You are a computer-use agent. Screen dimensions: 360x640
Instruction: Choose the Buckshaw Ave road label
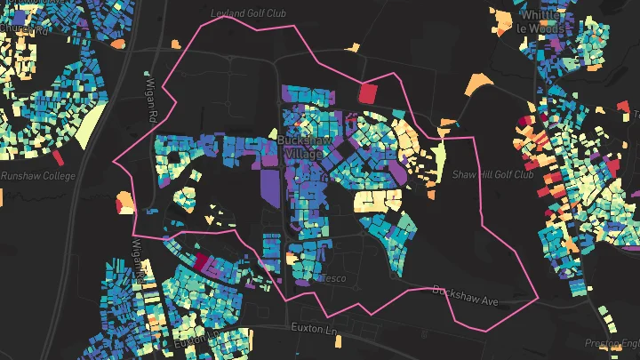tap(466, 296)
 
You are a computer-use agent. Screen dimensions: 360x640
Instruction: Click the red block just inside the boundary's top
tap(367, 92)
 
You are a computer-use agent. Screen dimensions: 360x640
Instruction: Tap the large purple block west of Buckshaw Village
tap(269, 185)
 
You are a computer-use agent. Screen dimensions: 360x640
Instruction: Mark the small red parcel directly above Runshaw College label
tap(59, 157)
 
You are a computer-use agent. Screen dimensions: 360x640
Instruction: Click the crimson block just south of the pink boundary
tap(202, 261)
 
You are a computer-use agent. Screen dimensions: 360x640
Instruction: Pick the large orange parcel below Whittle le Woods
tap(478, 84)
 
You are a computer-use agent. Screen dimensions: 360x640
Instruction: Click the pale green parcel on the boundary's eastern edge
tap(437, 160)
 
